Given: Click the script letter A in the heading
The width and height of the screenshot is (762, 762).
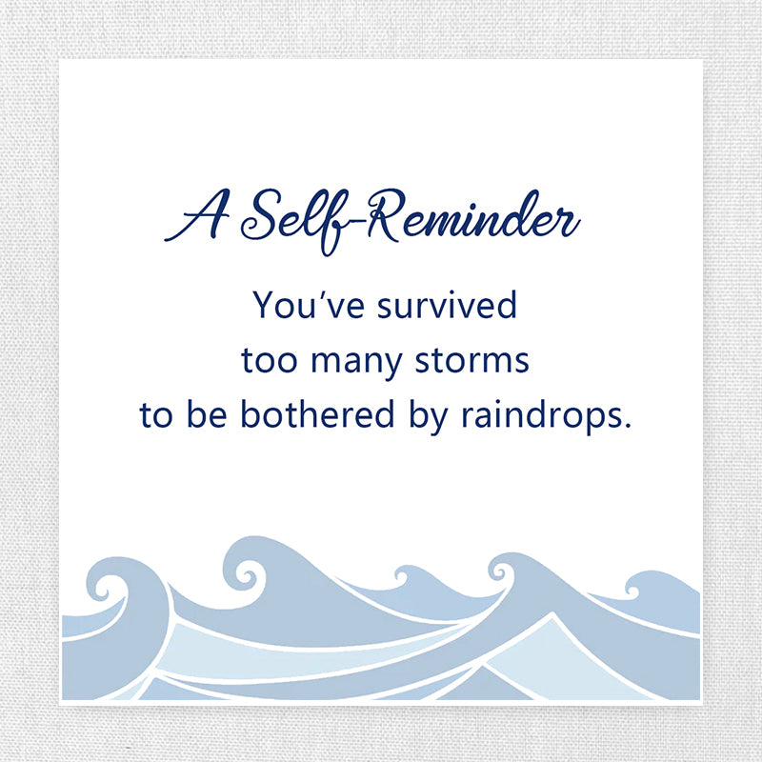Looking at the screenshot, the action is pyautogui.click(x=197, y=216).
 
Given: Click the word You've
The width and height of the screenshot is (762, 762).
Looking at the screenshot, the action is pyautogui.click(x=309, y=305).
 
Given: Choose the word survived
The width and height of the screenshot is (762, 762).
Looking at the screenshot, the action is pyautogui.click(x=447, y=305).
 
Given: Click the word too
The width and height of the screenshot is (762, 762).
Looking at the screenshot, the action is pyautogui.click(x=269, y=361).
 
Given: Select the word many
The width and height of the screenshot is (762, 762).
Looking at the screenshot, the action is pyautogui.click(x=356, y=364).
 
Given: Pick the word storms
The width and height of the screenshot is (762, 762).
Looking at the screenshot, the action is pyautogui.click(x=471, y=361).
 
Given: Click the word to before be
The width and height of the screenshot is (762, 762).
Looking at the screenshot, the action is pyautogui.click(x=156, y=415).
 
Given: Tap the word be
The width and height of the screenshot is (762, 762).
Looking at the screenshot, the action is pyautogui.click(x=207, y=413).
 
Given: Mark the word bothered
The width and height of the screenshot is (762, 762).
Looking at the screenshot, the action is pyautogui.click(x=317, y=413).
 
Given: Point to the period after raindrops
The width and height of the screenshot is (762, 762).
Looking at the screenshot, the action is pyautogui.click(x=627, y=425).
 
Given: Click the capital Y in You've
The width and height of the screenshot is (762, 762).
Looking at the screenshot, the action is pyautogui.click(x=265, y=305).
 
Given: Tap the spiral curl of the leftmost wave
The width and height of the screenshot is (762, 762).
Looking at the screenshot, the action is pyautogui.click(x=106, y=588).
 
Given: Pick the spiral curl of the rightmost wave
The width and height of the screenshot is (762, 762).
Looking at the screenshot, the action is pyautogui.click(x=632, y=590).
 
